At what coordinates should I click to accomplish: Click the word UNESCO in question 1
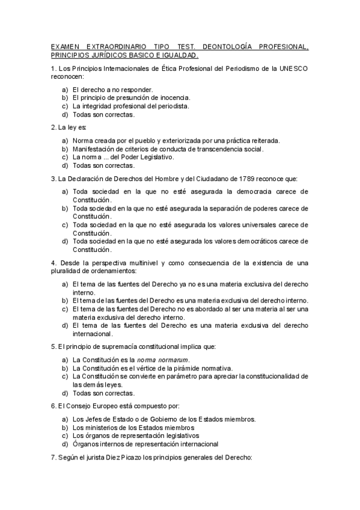[293, 69]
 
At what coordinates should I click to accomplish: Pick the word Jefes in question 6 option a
[94, 419]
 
